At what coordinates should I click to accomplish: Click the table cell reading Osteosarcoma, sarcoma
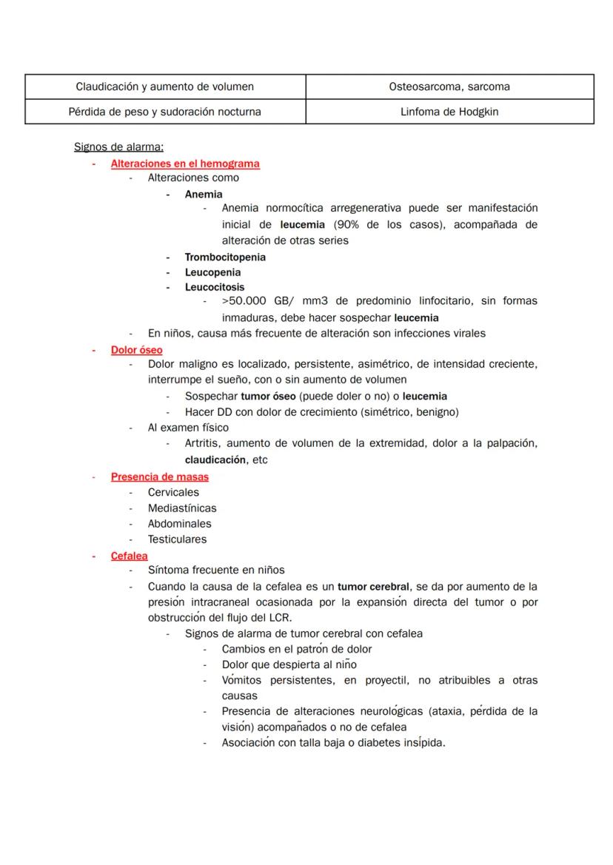[x=449, y=87]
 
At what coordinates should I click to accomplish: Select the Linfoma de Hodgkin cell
[x=449, y=112]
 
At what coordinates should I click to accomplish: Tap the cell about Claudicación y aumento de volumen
[x=165, y=87]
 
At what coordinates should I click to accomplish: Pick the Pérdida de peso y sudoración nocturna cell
[x=165, y=112]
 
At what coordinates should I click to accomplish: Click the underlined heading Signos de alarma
[x=118, y=147]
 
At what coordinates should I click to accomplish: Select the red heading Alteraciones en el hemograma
[x=185, y=164]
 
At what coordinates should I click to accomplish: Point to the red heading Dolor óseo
[x=137, y=349]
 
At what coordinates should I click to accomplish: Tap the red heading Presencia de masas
[x=160, y=477]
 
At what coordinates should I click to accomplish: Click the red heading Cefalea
[x=130, y=556]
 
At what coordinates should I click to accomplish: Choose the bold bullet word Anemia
[x=204, y=195]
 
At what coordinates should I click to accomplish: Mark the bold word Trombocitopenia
[x=225, y=258]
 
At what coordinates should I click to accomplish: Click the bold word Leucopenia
[x=212, y=272]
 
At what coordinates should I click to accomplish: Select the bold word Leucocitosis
[x=215, y=287]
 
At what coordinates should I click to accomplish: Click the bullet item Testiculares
[x=177, y=539]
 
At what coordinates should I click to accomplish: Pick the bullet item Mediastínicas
[x=182, y=508]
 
